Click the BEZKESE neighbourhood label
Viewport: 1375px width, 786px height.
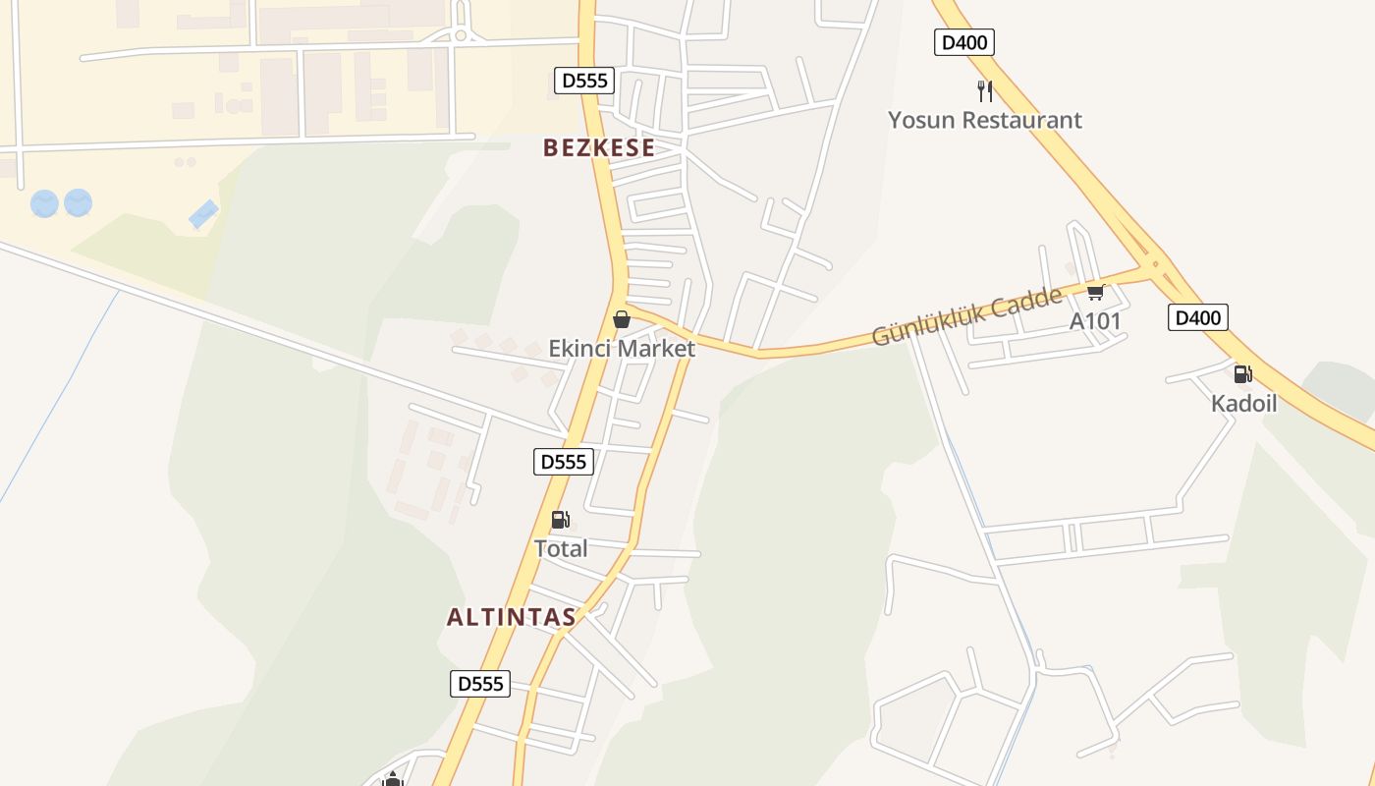599,148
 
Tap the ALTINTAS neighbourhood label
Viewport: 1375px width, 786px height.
511,618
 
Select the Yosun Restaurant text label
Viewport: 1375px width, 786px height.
985,120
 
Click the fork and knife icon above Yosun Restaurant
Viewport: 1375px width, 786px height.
985,91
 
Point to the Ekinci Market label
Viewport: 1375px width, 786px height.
622,348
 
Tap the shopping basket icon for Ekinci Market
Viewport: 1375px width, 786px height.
621,319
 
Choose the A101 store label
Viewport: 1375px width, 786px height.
1095,321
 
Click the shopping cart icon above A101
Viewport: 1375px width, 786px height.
1096,293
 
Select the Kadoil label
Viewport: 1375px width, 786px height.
1243,403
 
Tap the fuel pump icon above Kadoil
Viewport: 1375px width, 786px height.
1243,374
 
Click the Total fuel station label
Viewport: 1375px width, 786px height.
561,548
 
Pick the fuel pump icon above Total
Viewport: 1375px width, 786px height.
560,520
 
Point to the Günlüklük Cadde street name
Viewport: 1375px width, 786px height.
967,316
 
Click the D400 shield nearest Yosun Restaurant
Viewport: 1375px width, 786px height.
964,42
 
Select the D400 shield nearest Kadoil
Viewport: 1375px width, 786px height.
1198,317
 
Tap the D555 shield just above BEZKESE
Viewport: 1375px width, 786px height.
584,81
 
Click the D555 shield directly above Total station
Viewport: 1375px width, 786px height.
564,462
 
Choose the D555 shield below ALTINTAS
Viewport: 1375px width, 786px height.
480,684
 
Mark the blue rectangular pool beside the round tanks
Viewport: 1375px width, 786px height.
204,213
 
